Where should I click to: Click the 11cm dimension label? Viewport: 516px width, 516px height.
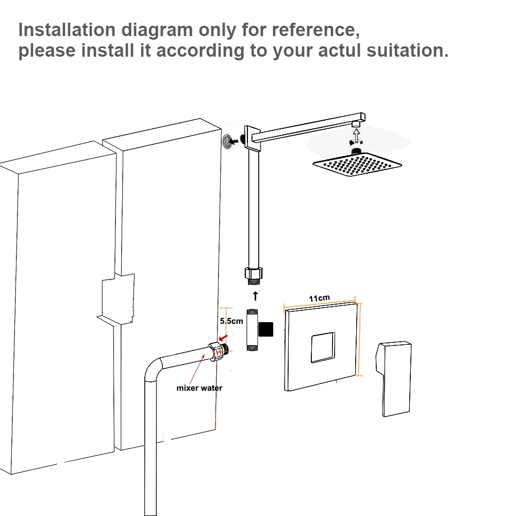[x=319, y=298]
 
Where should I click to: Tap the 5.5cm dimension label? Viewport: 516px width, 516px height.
[x=231, y=321]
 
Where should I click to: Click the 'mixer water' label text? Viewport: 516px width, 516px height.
[x=199, y=388]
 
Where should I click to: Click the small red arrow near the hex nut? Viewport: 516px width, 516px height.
[x=222, y=339]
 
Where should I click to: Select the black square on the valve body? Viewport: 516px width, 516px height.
[x=266, y=329]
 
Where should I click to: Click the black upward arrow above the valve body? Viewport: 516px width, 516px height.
[x=254, y=296]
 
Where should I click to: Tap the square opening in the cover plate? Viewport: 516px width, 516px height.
[x=322, y=347]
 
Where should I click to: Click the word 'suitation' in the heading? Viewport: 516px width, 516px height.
[x=403, y=51]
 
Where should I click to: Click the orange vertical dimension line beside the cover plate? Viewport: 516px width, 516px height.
[x=360, y=340]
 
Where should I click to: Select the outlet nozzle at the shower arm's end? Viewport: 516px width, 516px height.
[x=356, y=125]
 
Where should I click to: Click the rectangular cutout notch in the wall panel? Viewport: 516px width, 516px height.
[x=118, y=300]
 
